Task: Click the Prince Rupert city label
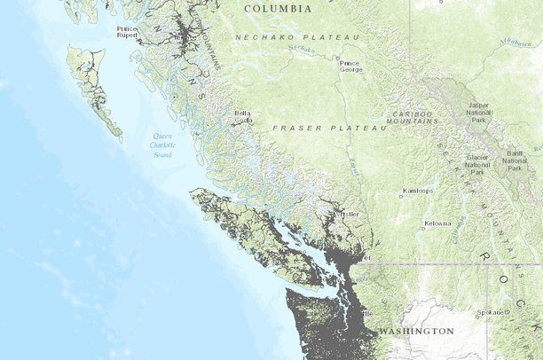click(127, 33)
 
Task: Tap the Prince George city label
click(350, 67)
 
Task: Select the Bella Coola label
click(242, 116)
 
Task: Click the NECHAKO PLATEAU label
click(297, 37)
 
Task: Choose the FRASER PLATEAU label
click(328, 129)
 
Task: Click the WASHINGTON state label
click(416, 331)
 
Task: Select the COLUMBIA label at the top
click(278, 8)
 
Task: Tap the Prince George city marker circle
click(337, 60)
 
